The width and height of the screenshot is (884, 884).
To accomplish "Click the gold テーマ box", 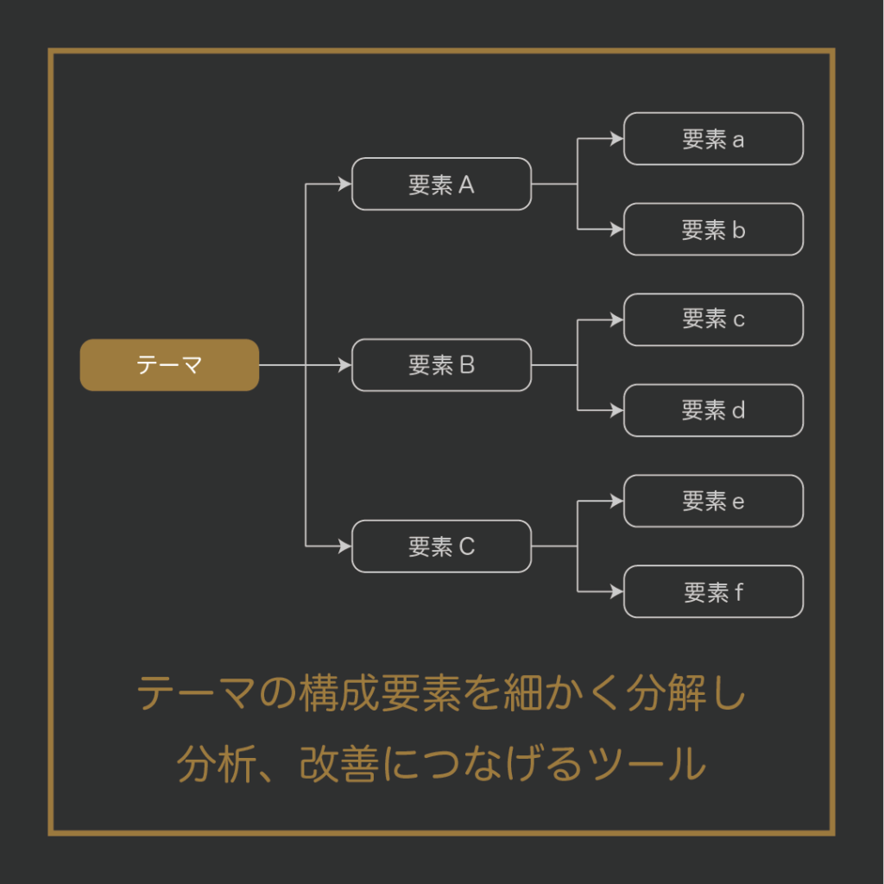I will (x=169, y=365).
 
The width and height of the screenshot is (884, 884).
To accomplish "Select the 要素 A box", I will (x=441, y=184).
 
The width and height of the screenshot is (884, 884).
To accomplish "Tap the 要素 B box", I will (x=441, y=365).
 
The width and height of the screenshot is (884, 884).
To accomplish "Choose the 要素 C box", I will (x=441, y=546).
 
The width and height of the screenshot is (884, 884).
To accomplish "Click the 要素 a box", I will (x=713, y=138).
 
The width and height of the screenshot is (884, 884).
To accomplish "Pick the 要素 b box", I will (x=713, y=230).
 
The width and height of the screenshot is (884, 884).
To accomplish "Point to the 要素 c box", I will (x=713, y=319).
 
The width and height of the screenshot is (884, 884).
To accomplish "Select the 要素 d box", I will (x=713, y=411).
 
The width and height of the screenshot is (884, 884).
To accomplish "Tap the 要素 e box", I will (x=713, y=501).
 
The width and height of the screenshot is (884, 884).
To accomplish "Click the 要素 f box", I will (x=713, y=592).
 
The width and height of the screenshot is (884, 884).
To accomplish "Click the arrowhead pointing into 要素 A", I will (x=345, y=184).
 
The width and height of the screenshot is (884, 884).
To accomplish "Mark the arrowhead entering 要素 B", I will (x=345, y=365).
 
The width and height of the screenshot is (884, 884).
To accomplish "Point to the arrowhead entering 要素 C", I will (x=345, y=546).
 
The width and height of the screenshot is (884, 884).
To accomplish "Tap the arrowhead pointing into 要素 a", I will (x=617, y=138).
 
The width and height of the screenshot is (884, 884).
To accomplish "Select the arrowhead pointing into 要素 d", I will (x=617, y=411).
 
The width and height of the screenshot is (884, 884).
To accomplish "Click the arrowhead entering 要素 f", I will (x=617, y=592).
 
